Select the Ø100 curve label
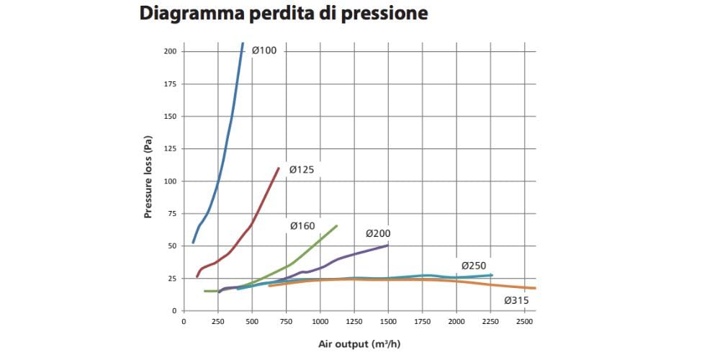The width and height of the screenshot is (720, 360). pyautogui.click(x=264, y=50)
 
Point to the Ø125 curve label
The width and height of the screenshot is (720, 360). pyautogui.click(x=302, y=169)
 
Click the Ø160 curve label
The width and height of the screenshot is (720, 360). pyautogui.click(x=302, y=226)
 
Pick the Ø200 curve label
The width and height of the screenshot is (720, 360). pyautogui.click(x=378, y=233)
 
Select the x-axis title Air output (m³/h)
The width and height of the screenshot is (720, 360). pyautogui.click(x=359, y=343)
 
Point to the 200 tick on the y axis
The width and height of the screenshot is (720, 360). pyautogui.click(x=170, y=52)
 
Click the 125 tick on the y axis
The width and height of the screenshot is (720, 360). pyautogui.click(x=170, y=149)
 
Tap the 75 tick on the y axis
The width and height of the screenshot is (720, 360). pyautogui.click(x=171, y=214)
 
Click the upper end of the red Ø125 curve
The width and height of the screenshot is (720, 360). pyautogui.click(x=279, y=168)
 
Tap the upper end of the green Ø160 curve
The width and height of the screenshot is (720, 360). pyautogui.click(x=336, y=226)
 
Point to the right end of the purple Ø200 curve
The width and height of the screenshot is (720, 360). pyautogui.click(x=387, y=246)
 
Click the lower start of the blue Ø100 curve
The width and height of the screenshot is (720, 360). pyautogui.click(x=193, y=242)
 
